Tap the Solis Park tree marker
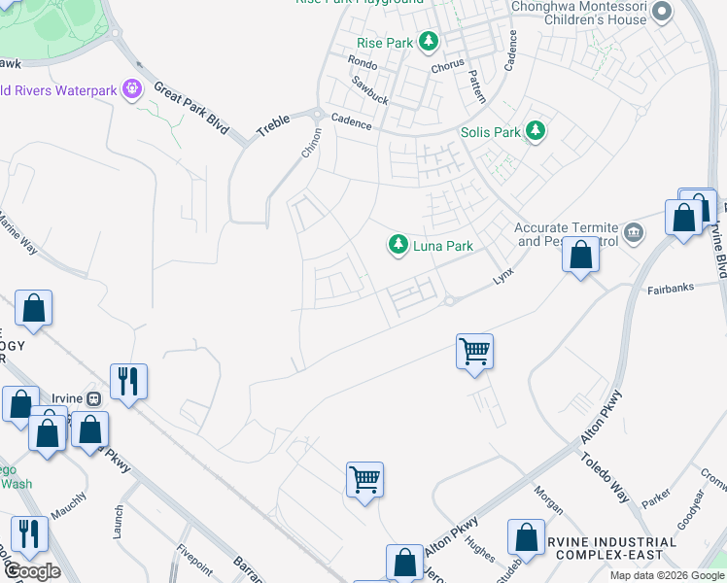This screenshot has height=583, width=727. pos(534,130)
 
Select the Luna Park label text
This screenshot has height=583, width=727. pos(443,246)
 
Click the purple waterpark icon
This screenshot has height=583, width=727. pos(133,90)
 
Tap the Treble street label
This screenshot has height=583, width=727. pos(273,125)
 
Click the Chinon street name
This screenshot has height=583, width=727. pos(312,143)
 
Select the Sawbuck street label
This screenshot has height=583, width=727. pos(369,91)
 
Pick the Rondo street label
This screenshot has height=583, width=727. pos(362,62)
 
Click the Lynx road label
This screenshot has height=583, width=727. pos(501,277)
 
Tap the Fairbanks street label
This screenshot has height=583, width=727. pos(674,290)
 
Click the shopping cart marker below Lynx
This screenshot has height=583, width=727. pos(474,351)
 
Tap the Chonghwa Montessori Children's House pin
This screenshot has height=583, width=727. pos(662,12)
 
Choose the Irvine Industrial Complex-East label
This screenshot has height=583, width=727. pos(613,548)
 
